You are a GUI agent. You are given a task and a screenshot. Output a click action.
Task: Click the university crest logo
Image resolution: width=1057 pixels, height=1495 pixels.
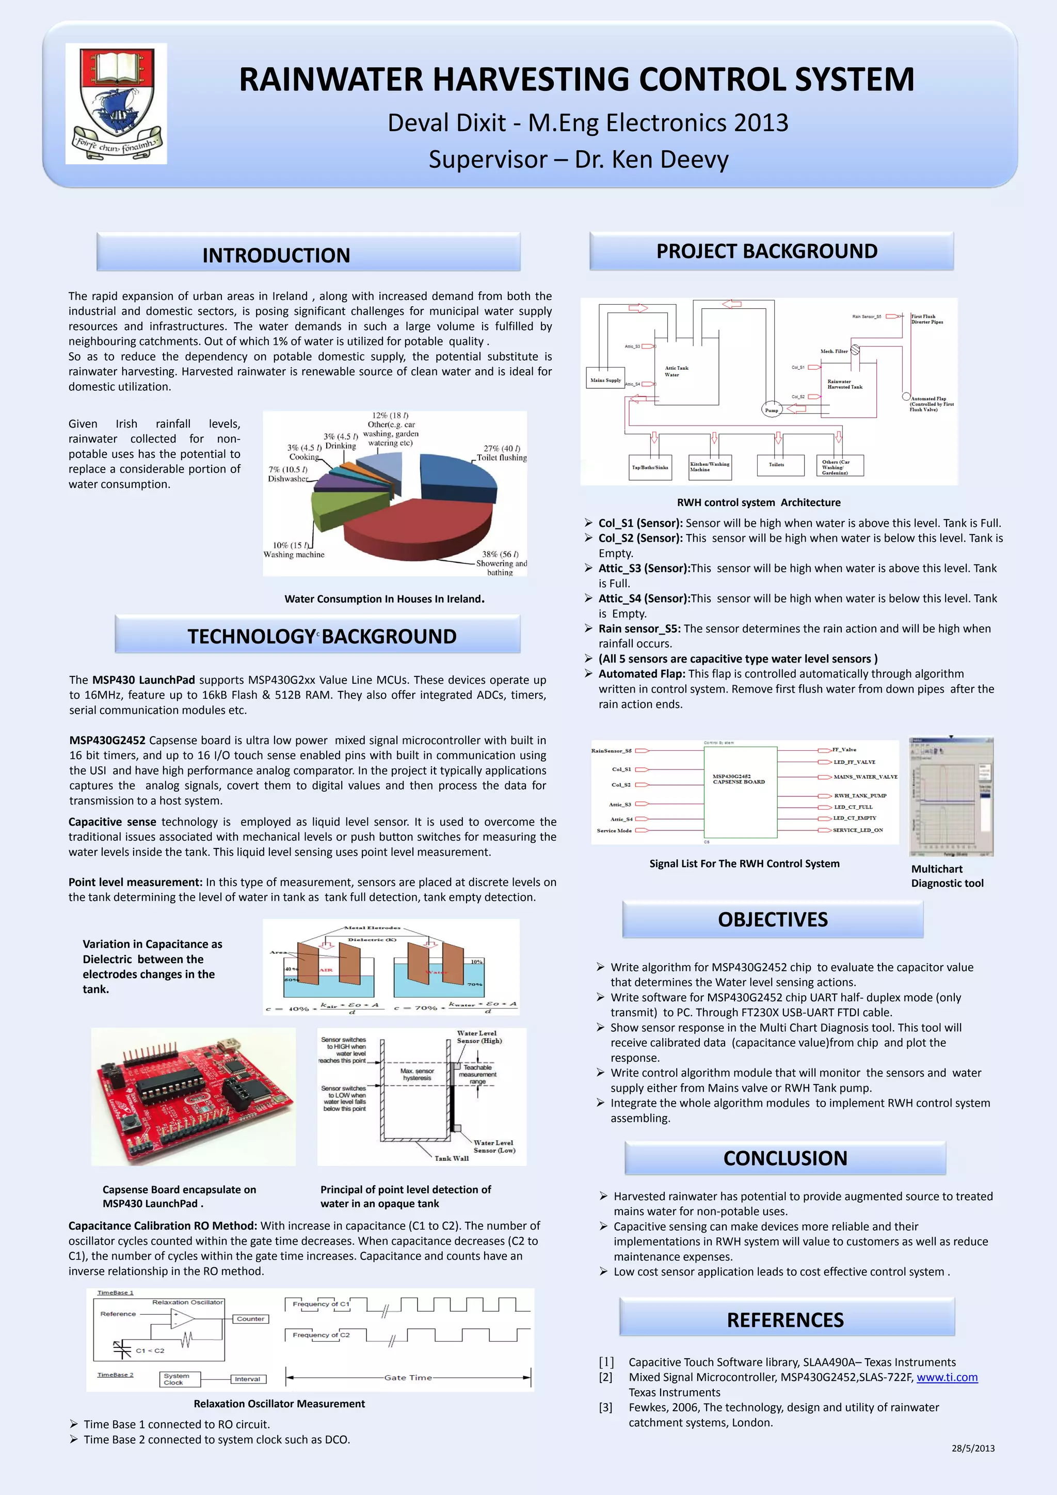click(x=116, y=103)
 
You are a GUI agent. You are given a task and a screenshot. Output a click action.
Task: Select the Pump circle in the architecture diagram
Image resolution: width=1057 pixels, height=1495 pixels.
click(x=771, y=410)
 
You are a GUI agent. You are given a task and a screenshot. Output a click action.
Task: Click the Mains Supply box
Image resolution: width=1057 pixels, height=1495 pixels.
click(x=605, y=380)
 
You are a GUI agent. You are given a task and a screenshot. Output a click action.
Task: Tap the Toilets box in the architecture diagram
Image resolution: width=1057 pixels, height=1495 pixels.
click(x=776, y=465)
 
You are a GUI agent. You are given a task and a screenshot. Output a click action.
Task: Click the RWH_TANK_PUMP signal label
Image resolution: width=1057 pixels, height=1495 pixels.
click(x=860, y=796)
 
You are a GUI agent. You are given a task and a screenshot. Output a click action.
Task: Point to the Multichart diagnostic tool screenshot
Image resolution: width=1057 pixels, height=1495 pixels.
click(x=951, y=796)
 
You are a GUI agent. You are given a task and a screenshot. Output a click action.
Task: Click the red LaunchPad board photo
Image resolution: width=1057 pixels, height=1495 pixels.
click(x=194, y=1096)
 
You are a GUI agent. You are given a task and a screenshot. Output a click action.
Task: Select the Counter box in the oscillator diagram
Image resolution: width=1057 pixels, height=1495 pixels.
click(x=251, y=1318)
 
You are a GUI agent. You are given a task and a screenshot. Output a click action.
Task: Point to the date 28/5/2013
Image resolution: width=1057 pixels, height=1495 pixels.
click(x=972, y=1448)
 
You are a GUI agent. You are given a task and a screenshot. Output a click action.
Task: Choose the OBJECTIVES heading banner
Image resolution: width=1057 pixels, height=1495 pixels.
click(x=773, y=919)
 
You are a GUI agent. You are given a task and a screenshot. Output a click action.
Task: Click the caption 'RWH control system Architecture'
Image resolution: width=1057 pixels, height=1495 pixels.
click(x=758, y=502)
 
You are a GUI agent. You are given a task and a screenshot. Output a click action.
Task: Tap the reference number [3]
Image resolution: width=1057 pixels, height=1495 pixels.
click(x=605, y=1407)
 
